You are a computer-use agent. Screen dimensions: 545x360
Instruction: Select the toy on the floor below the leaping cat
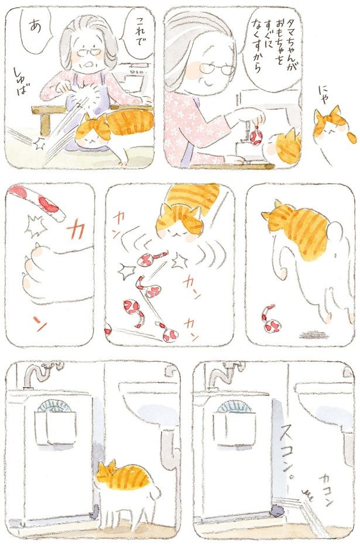click(270, 318)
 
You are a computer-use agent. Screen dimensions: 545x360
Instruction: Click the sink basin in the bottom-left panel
click(149, 404)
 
